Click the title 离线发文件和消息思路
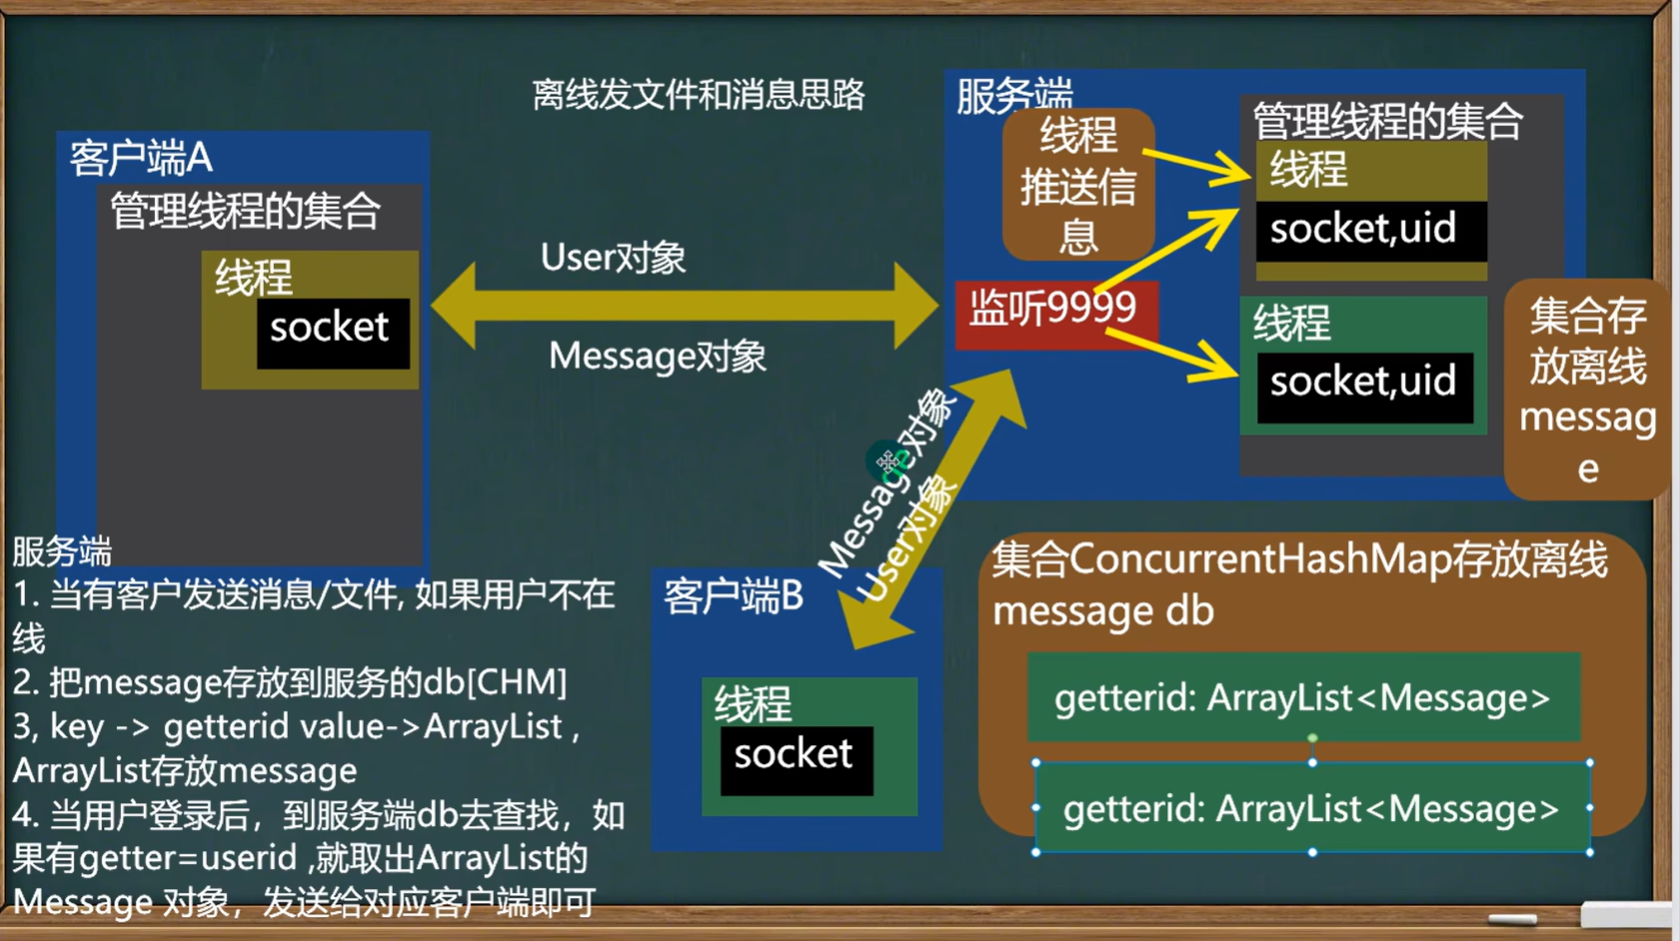pyautogui.click(x=698, y=95)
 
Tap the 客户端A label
pyautogui.click(x=141, y=158)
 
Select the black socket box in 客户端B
pyautogui.click(x=796, y=759)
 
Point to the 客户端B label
pyautogui.click(x=733, y=596)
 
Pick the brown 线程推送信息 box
pyautogui.click(x=1077, y=186)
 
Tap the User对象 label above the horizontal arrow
pyautogui.click(x=613, y=258)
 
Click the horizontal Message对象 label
pyautogui.click(x=657, y=357)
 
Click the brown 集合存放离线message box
pyautogui.click(x=1587, y=390)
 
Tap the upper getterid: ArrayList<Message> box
pyautogui.click(x=1302, y=698)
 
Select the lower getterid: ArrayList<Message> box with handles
pyautogui.click(x=1311, y=808)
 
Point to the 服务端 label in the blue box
pyautogui.click(x=1013, y=95)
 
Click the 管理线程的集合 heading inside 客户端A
pyautogui.click(x=245, y=212)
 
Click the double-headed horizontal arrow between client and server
pyautogui.click(x=686, y=307)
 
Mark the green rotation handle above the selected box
pyautogui.click(x=1312, y=738)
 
